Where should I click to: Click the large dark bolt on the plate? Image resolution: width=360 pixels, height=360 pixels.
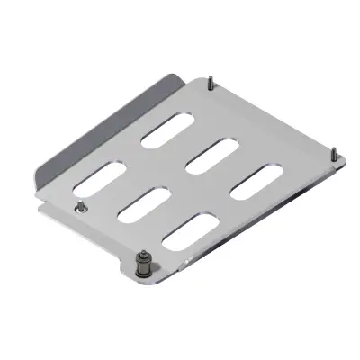pos(141,265)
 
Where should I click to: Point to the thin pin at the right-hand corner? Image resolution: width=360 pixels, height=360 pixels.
pos(334,152)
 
